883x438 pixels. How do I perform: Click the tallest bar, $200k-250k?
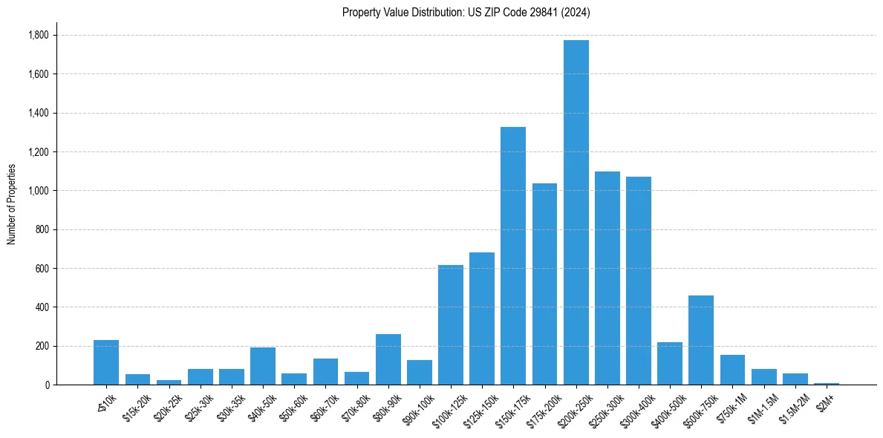tap(576, 215)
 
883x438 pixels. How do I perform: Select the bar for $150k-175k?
tap(513, 256)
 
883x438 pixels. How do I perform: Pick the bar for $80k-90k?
tap(388, 359)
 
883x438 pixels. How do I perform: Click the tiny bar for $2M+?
tap(827, 383)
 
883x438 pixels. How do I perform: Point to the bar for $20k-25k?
tap(169, 382)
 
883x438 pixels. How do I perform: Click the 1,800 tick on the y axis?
tap(38, 36)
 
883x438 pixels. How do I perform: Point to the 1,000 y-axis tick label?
tap(38, 191)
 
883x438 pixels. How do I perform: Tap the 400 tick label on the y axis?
tap(42, 307)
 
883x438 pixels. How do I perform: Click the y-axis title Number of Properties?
tap(12, 203)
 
